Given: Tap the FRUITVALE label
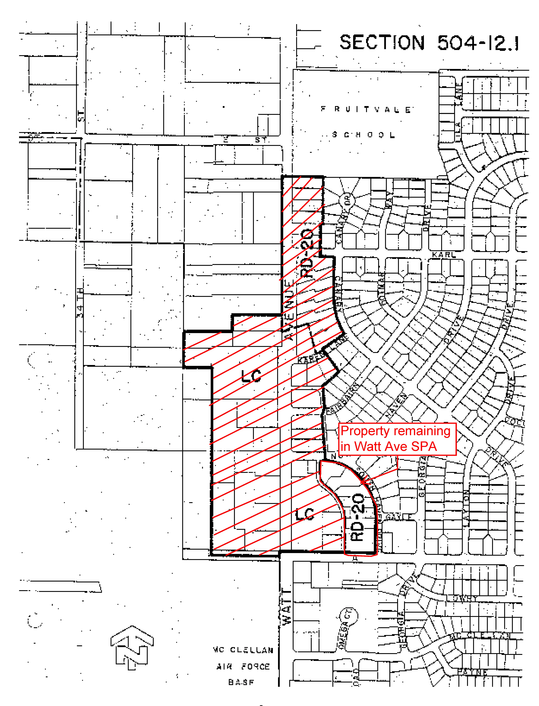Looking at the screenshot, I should point(366,110).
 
